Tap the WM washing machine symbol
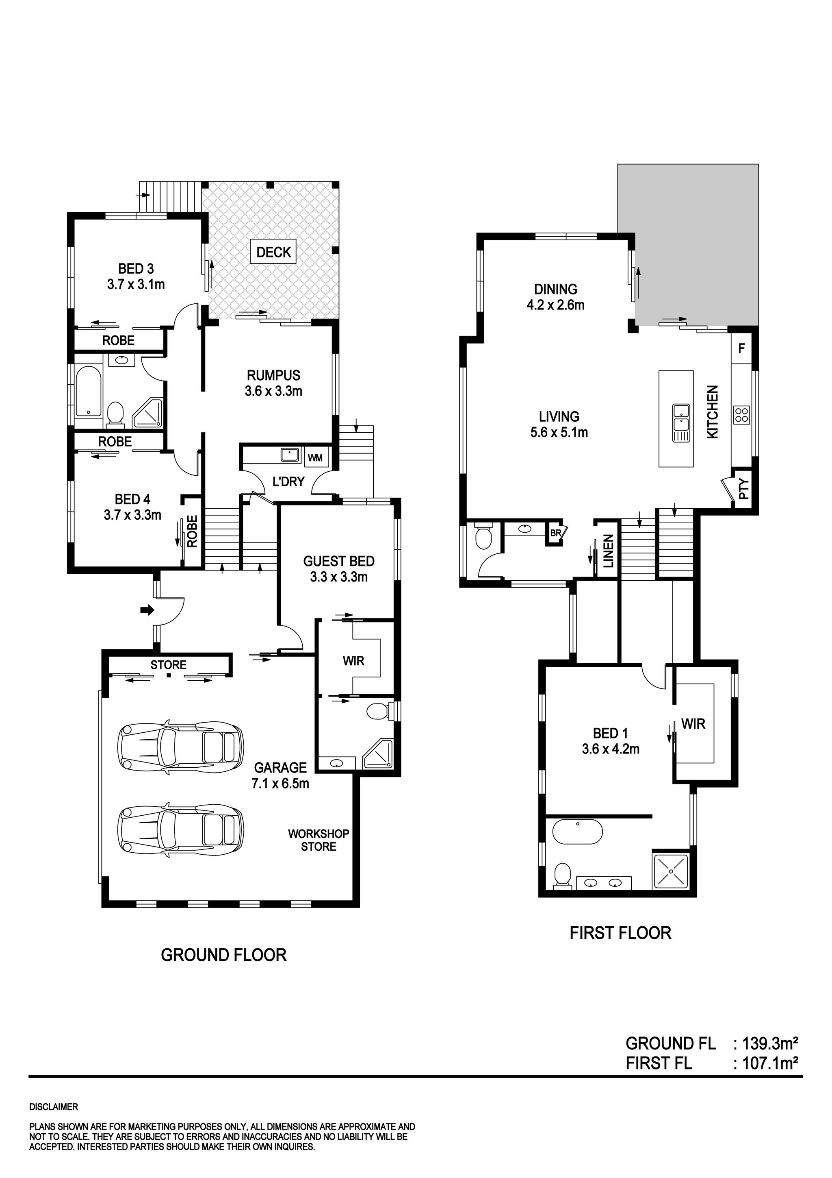[315, 457]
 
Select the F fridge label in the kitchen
[741, 348]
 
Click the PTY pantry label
[744, 489]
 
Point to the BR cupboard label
[556, 533]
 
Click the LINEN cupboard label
[609, 551]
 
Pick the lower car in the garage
[180, 830]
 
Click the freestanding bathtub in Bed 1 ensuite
[577, 832]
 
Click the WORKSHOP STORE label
[318, 840]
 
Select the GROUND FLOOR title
[223, 955]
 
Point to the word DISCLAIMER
[53, 1107]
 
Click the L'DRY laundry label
[288, 481]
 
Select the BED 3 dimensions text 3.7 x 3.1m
[136, 284]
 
